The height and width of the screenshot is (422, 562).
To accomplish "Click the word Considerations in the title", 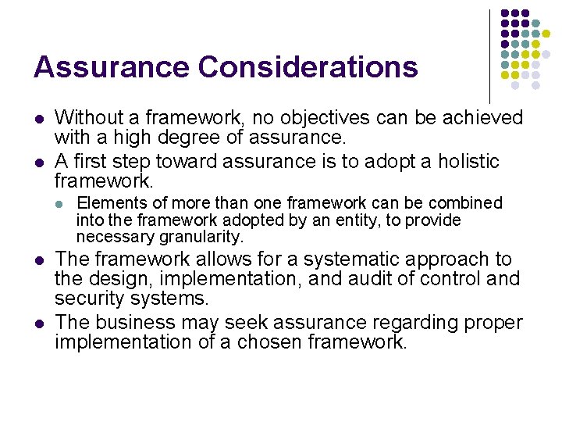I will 308,67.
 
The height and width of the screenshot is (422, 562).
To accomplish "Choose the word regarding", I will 421,322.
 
